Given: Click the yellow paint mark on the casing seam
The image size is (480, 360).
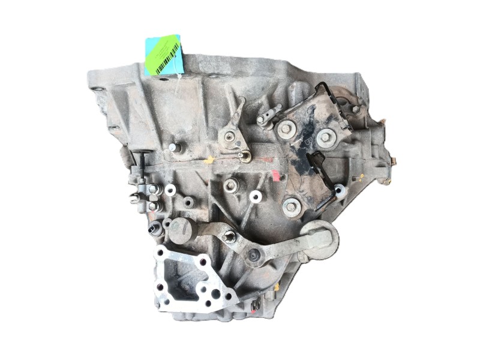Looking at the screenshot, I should tap(209, 160).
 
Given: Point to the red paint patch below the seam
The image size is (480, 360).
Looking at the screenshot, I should tap(275, 175).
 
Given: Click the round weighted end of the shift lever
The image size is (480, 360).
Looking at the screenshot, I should tap(320, 239).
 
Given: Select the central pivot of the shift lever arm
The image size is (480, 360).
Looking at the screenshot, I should tap(254, 257).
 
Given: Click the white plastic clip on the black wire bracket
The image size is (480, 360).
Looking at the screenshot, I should tap(340, 191).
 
